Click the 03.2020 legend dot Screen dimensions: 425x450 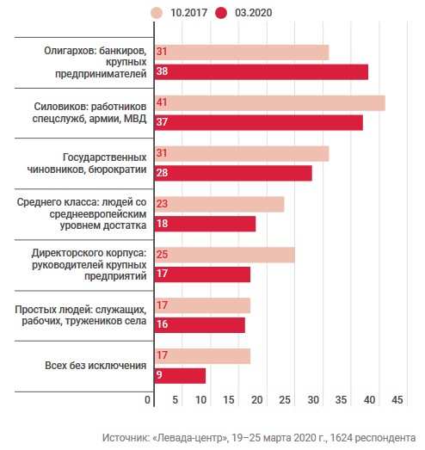pos(221,13)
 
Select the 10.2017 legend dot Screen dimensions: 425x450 pos(157,13)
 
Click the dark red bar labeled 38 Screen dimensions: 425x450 pos(262,71)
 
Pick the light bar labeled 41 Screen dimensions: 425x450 pos(270,103)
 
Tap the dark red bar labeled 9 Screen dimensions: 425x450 pos(180,376)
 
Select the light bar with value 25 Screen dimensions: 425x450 pos(225,255)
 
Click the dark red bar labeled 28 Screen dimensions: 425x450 pos(233,173)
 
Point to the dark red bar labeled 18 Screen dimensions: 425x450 pos(205,224)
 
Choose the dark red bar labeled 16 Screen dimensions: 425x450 pos(200,325)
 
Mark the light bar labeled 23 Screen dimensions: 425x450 pos(219,204)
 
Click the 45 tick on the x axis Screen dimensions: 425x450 pos(397,400)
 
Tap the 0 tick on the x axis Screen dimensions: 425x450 pos(147,400)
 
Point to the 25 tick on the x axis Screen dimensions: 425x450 pos(285,400)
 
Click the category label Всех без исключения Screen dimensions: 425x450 pos(95,366)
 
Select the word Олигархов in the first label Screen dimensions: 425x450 pos(70,51)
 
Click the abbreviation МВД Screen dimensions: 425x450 pos(135,119)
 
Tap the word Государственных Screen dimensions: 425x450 pos(105,157)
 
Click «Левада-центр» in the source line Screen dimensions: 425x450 pos(190,438)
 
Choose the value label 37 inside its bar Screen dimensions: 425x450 pos(162,122)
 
